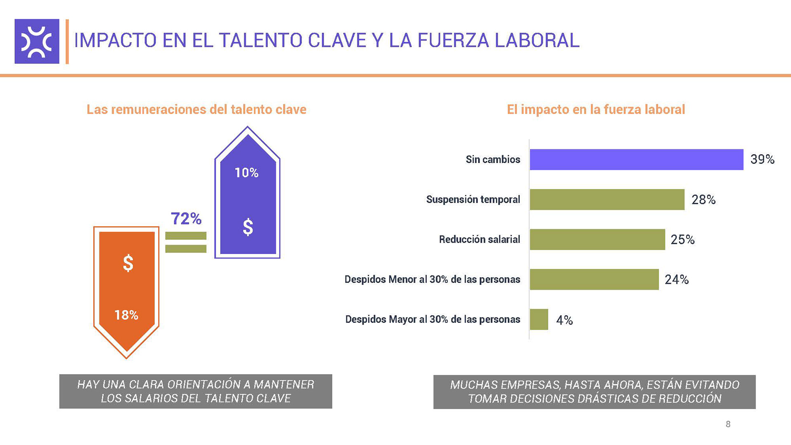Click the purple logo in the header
(x=37, y=41)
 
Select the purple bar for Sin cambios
(x=636, y=159)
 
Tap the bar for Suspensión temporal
(x=607, y=199)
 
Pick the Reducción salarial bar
(x=597, y=239)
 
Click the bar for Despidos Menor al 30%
(x=594, y=279)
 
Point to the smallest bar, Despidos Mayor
(x=539, y=319)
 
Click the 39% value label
(x=762, y=159)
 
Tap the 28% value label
(x=703, y=200)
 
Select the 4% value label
(x=564, y=320)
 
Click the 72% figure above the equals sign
(x=186, y=219)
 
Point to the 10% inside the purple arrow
(x=246, y=173)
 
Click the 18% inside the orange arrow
(x=126, y=315)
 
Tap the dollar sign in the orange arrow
(x=128, y=263)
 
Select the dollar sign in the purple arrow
(x=248, y=227)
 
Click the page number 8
(x=728, y=424)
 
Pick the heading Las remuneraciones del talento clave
(x=196, y=110)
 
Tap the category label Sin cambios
(x=493, y=159)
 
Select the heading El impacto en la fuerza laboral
(x=596, y=110)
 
